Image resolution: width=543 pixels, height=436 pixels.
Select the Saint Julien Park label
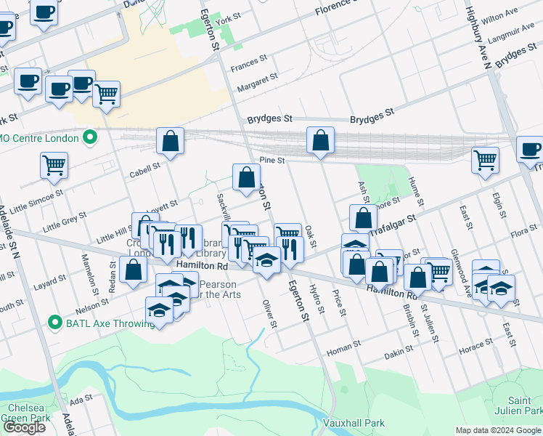point(524,406)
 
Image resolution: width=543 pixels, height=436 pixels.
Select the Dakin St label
point(399,352)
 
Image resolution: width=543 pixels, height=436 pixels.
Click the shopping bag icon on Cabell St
point(170,142)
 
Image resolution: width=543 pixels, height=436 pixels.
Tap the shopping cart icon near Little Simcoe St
point(54,165)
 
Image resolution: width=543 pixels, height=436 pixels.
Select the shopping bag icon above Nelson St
point(134,270)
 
